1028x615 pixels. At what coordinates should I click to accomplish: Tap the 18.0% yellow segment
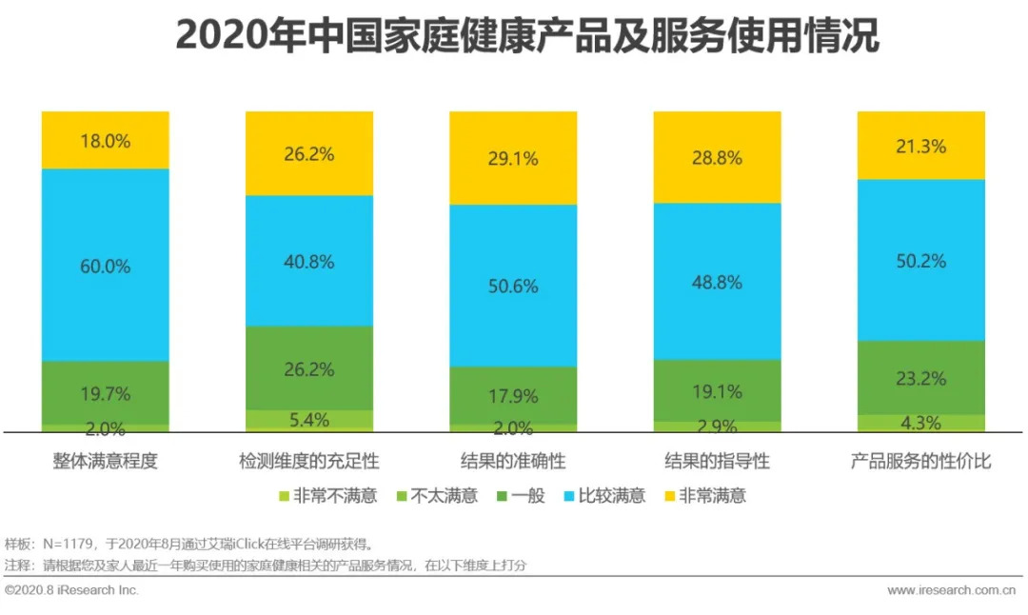tap(105, 140)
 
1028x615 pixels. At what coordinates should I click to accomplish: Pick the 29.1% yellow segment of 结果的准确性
tap(513, 158)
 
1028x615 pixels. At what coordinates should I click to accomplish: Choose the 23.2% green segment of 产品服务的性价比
tap(920, 378)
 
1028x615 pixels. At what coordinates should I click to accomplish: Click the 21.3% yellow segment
tap(920, 146)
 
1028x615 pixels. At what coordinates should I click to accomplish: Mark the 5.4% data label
tap(309, 420)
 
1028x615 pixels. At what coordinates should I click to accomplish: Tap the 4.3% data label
tap(920, 423)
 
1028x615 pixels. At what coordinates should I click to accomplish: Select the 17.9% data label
tap(513, 395)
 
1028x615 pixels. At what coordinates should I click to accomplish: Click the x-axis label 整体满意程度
tap(105, 462)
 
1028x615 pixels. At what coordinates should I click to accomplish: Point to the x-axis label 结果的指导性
tap(717, 462)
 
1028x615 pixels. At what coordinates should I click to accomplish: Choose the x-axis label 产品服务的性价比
tap(920, 462)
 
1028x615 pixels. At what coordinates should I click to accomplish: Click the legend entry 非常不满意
tap(335, 495)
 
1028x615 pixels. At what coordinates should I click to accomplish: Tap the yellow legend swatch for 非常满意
tap(670, 496)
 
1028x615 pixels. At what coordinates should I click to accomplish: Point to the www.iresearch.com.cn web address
tap(952, 590)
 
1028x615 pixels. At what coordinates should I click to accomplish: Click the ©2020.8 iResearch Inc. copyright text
tap(72, 590)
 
